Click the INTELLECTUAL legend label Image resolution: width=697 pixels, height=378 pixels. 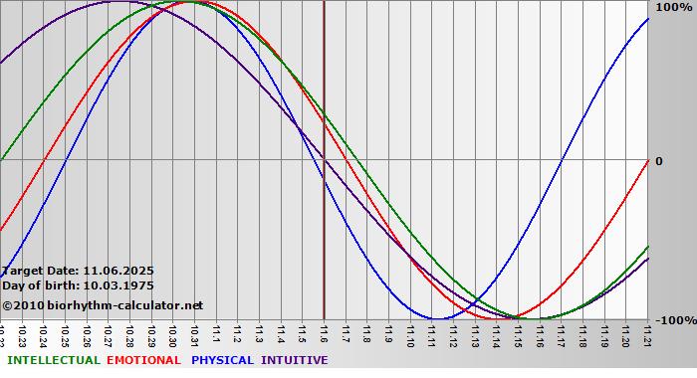pyautogui.click(x=53, y=360)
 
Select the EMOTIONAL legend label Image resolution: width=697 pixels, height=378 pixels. pyautogui.click(x=143, y=360)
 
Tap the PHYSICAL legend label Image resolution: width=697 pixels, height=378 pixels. pyautogui.click(x=223, y=360)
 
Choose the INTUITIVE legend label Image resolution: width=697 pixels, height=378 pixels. pyautogui.click(x=294, y=360)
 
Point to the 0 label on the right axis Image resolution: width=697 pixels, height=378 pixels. pyautogui.click(x=658, y=160)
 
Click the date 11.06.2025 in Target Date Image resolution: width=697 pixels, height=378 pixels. pyautogui.click(x=118, y=270)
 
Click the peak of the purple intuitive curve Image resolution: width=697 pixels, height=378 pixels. pyautogui.click(x=118, y=2)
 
